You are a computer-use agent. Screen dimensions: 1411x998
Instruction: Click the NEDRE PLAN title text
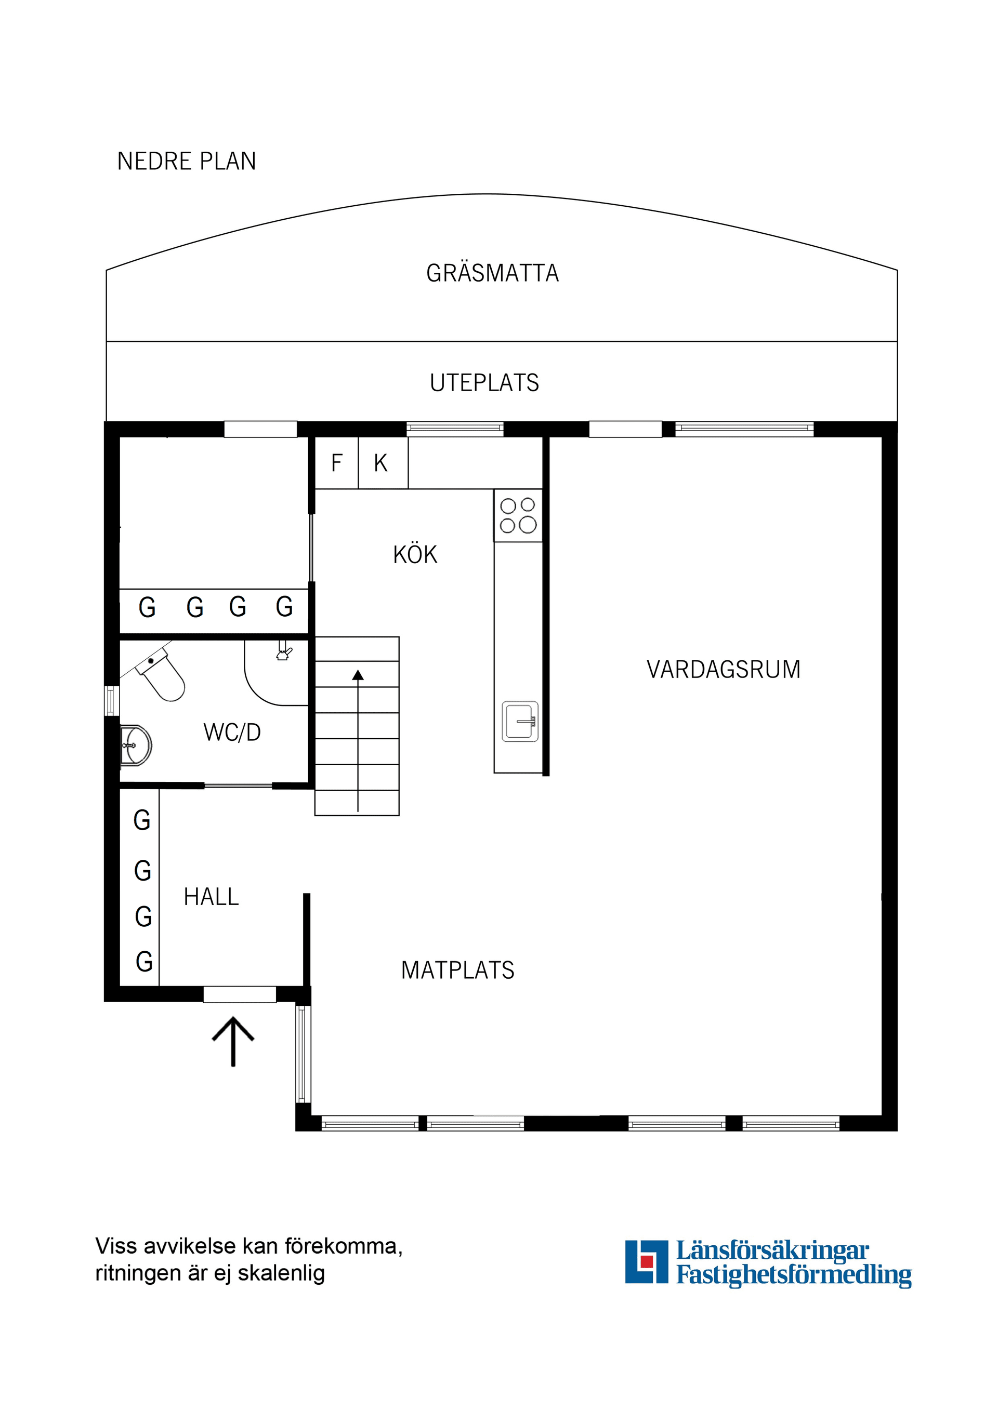[186, 161]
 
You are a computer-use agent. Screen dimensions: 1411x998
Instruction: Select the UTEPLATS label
[484, 383]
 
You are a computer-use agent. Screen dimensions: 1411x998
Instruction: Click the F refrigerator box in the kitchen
[336, 463]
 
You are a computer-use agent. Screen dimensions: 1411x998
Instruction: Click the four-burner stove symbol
[518, 515]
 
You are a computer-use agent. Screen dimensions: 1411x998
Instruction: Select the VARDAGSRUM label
[723, 669]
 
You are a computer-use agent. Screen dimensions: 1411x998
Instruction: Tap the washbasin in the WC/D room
[137, 746]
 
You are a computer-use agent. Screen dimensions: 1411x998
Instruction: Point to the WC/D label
[232, 732]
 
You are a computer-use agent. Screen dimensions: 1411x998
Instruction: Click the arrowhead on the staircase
[358, 675]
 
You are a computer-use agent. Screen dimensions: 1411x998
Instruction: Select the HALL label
[211, 897]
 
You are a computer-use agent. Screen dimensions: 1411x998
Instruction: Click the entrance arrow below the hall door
[233, 1041]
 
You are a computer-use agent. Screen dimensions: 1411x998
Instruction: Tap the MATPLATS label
[457, 970]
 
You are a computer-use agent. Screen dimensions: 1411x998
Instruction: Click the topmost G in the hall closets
[142, 820]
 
